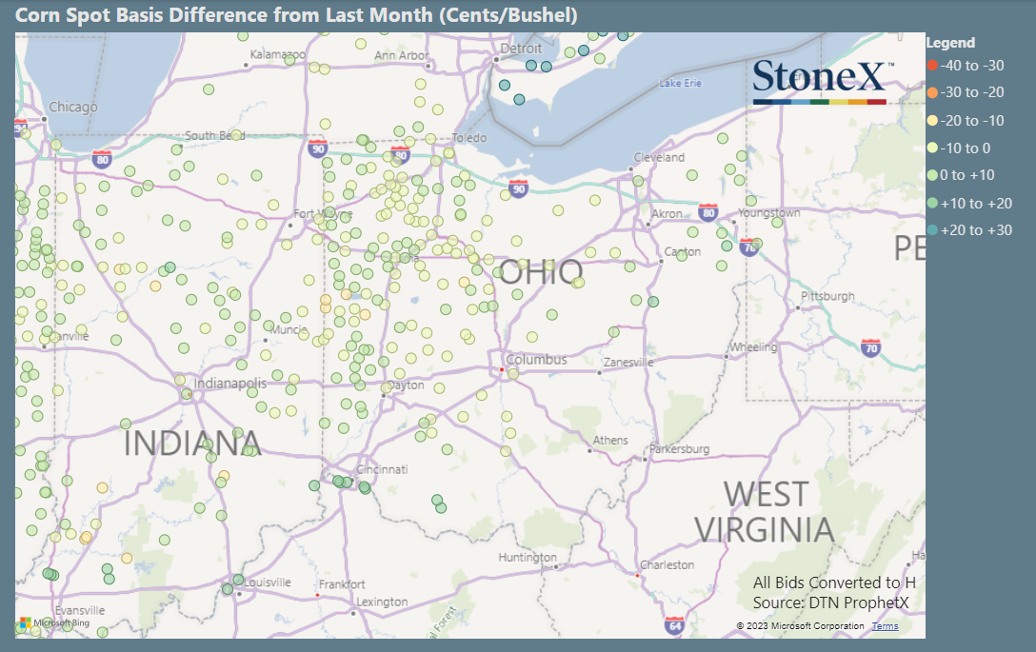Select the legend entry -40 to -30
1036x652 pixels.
click(971, 66)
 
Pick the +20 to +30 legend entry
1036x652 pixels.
click(975, 230)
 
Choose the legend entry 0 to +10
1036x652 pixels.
click(966, 175)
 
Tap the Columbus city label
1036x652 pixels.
click(536, 360)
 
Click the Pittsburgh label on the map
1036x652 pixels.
click(828, 297)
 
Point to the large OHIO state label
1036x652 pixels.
click(541, 274)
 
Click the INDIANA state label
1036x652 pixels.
click(192, 443)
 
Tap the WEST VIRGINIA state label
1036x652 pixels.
click(765, 512)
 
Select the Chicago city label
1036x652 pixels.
click(73, 107)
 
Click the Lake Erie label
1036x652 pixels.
click(680, 84)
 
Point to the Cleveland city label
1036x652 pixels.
click(660, 157)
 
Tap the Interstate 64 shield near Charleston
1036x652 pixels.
click(674, 625)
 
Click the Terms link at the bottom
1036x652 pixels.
click(885, 626)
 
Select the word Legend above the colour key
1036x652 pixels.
click(950, 43)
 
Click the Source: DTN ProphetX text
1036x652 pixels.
click(830, 603)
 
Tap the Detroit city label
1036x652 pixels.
click(521, 49)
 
